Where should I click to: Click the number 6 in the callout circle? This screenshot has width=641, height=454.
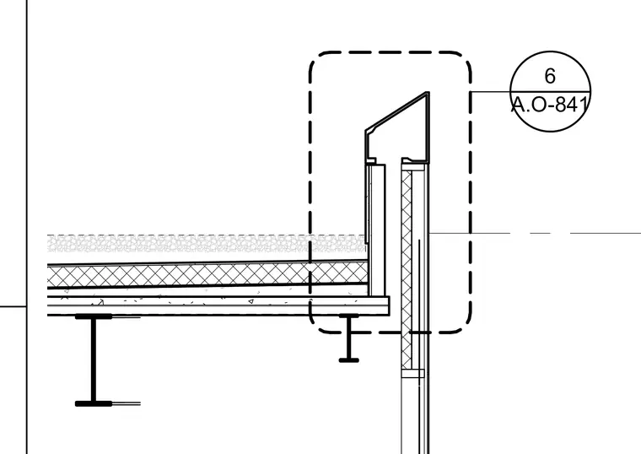pyautogui.click(x=550, y=76)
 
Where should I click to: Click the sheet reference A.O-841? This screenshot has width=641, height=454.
pyautogui.click(x=550, y=105)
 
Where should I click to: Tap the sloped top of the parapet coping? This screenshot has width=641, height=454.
pyautogui.click(x=396, y=111)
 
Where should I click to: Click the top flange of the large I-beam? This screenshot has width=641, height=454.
pyautogui.click(x=94, y=316)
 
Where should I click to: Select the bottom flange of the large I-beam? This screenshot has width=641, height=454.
pyautogui.click(x=94, y=403)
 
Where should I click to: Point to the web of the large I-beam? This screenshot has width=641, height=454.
pyautogui.click(x=94, y=360)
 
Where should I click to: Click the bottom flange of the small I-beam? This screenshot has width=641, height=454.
pyautogui.click(x=348, y=360)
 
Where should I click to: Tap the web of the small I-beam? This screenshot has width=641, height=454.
pyautogui.click(x=348, y=338)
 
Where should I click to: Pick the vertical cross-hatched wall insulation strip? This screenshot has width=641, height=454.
pyautogui.click(x=407, y=270)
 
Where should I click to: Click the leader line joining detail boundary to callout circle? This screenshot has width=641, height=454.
pyautogui.click(x=491, y=92)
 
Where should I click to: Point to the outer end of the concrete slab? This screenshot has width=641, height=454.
pyautogui.click(x=389, y=306)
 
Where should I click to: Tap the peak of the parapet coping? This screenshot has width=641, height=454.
pyautogui.click(x=428, y=93)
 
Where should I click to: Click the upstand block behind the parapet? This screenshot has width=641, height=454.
pyautogui.click(x=377, y=230)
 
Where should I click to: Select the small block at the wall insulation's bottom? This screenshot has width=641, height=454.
pyautogui.click(x=413, y=374)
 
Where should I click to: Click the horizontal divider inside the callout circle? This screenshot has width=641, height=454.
pyautogui.click(x=550, y=92)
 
